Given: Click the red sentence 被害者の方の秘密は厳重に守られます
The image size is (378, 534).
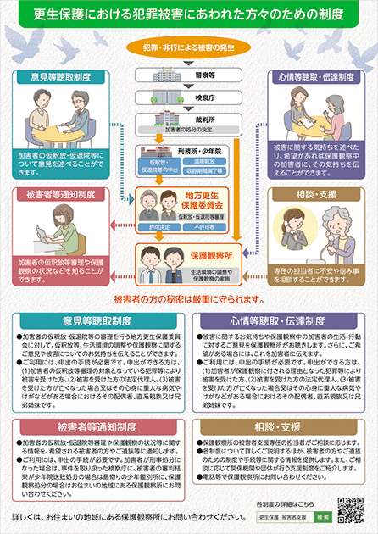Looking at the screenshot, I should [x=188, y=299].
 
